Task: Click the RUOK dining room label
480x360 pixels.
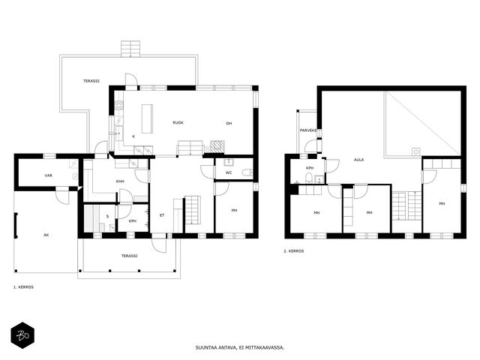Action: pyautogui.click(x=178, y=123)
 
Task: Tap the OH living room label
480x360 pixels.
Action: pyautogui.click(x=229, y=123)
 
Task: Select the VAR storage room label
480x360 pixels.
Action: pyautogui.click(x=48, y=175)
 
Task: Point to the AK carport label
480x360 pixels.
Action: pyautogui.click(x=46, y=235)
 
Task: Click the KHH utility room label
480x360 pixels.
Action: pyautogui.click(x=120, y=181)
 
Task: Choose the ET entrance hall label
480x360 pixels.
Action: pyautogui.click(x=162, y=215)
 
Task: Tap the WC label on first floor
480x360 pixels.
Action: pyautogui.click(x=229, y=173)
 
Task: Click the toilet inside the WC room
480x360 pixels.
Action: pyautogui.click(x=247, y=172)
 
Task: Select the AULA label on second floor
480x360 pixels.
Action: pyautogui.click(x=358, y=160)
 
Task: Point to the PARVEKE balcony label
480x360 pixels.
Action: pyautogui.click(x=308, y=130)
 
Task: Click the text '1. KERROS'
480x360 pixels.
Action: pyautogui.click(x=23, y=287)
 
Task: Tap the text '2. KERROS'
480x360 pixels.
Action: pyautogui.click(x=294, y=251)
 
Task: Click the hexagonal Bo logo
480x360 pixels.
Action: pyautogui.click(x=22, y=335)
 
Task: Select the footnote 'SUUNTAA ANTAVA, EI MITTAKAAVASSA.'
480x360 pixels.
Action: pyautogui.click(x=240, y=347)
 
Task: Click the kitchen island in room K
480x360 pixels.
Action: pyautogui.click(x=147, y=118)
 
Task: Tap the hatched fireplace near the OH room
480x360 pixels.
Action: pyautogui.click(x=217, y=147)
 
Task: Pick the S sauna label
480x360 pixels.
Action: pyautogui.click(x=107, y=217)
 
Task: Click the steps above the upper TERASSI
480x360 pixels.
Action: pyautogui.click(x=130, y=49)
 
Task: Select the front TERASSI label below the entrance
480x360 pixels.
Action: pyautogui.click(x=130, y=256)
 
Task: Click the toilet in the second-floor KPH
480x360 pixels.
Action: pyautogui.click(x=308, y=178)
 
